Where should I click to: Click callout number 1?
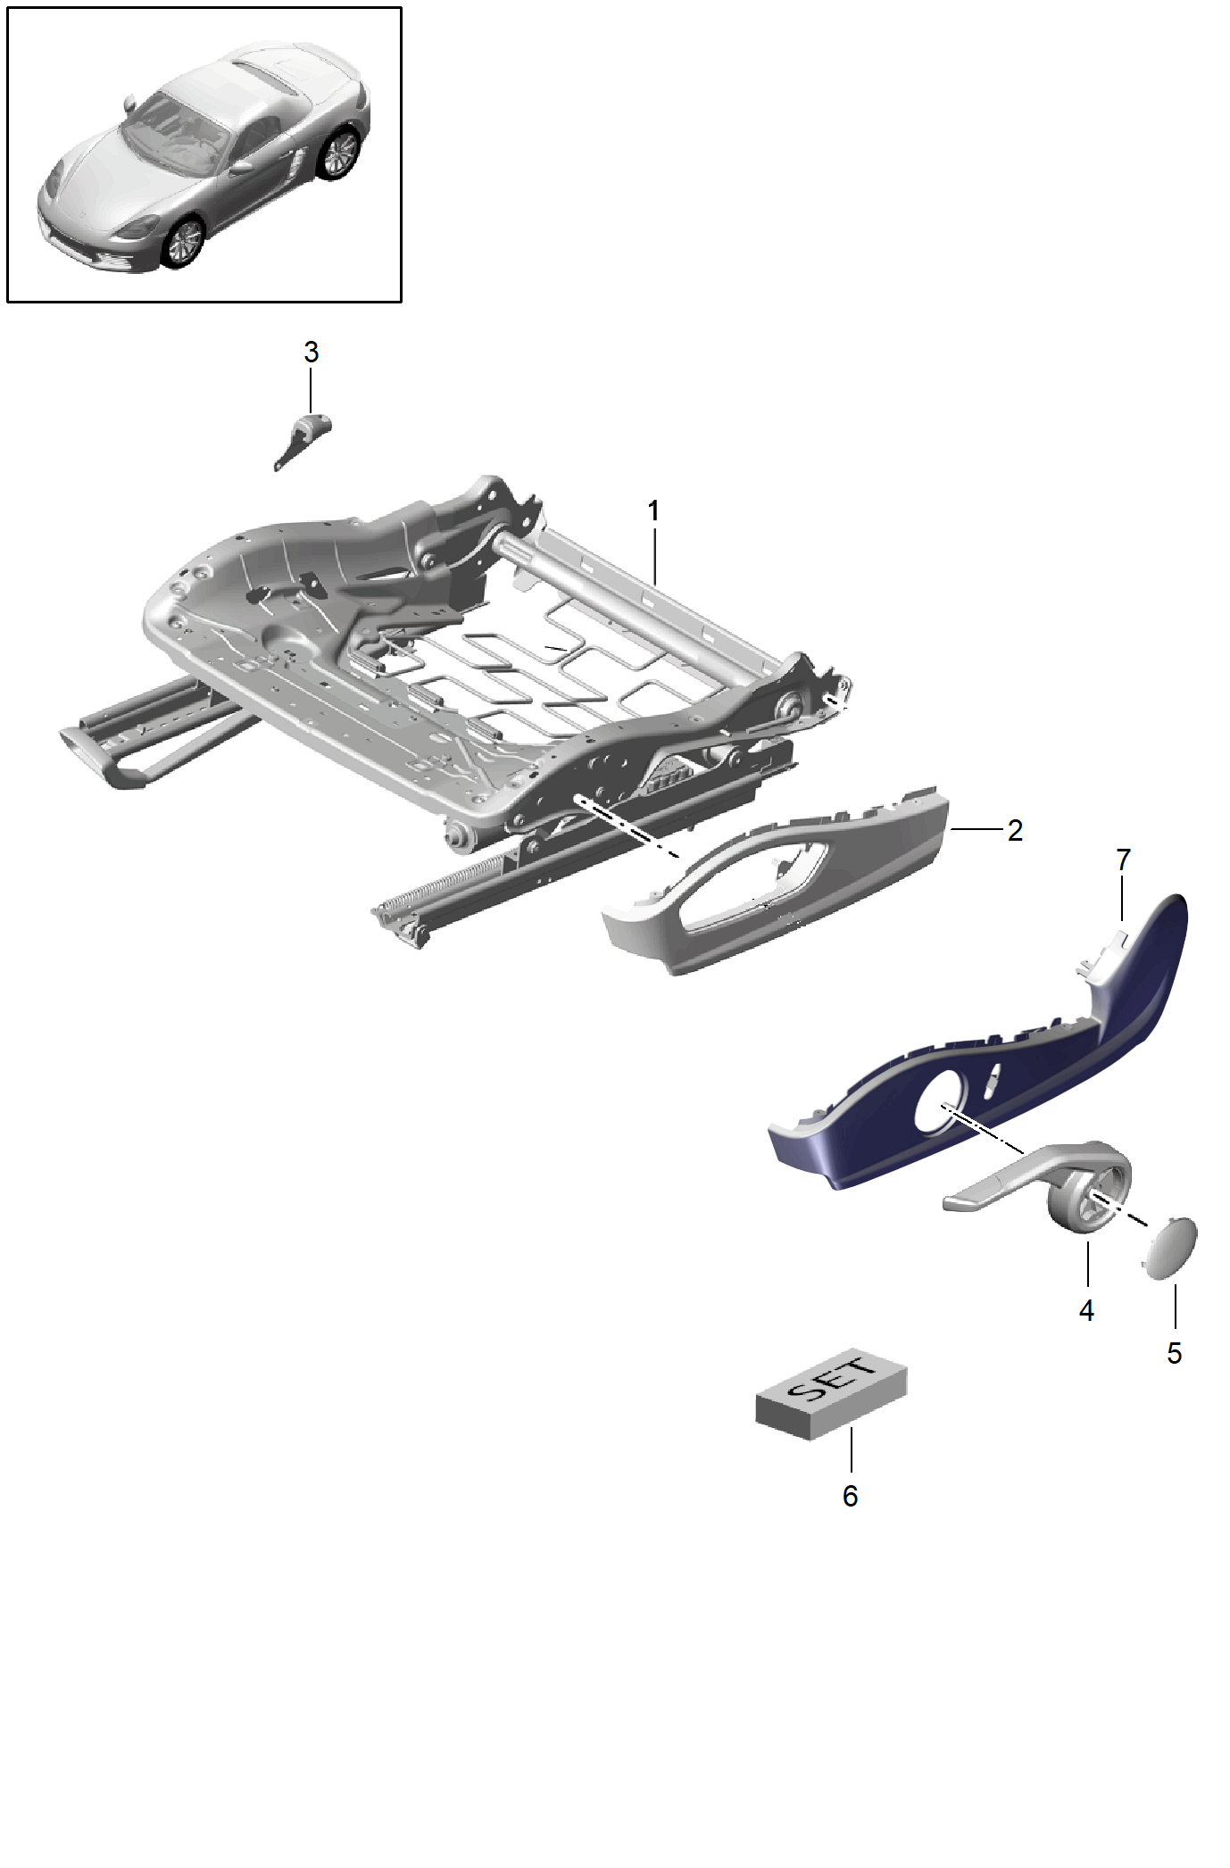653,511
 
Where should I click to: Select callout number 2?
1015,830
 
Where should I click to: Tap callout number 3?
311,353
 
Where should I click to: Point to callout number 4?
1086,1310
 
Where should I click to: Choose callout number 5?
1175,1353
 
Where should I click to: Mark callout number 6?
851,1496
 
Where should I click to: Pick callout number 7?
1123,859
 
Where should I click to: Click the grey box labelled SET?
831,1393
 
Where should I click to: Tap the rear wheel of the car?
339,153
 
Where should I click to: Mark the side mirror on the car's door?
242,167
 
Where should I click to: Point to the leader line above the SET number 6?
852,1449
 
